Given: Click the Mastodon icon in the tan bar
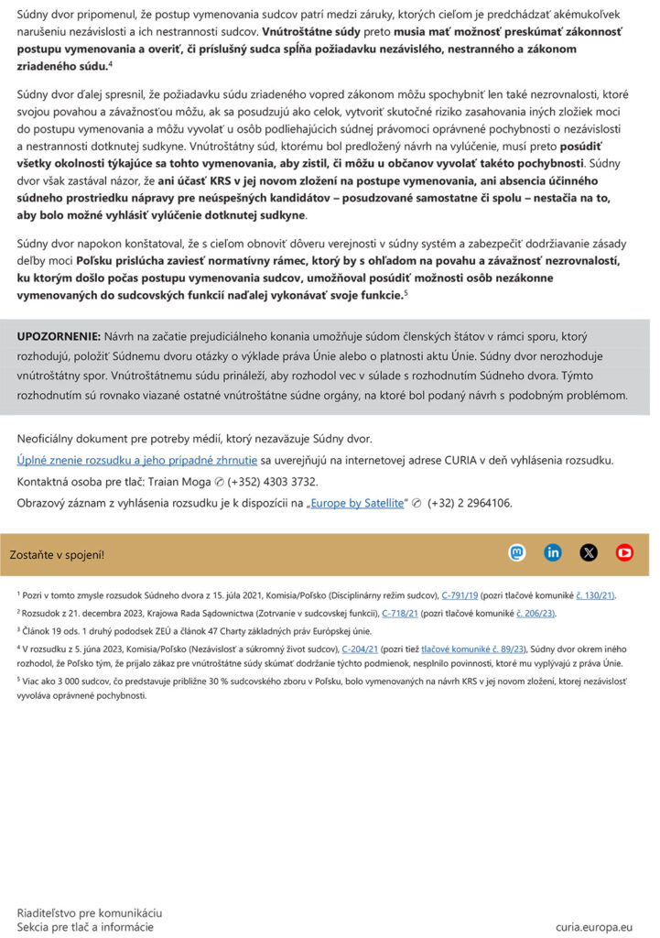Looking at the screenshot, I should [517, 552].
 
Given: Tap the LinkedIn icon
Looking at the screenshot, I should [553, 552].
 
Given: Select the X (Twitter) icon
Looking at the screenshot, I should [589, 552].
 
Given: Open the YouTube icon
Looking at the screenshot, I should [624, 552].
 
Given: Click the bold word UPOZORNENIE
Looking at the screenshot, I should [59, 336].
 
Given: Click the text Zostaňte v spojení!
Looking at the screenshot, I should [57, 554].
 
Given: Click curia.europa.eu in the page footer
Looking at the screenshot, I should [594, 927].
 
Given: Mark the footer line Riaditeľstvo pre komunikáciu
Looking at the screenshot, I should [89, 913].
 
